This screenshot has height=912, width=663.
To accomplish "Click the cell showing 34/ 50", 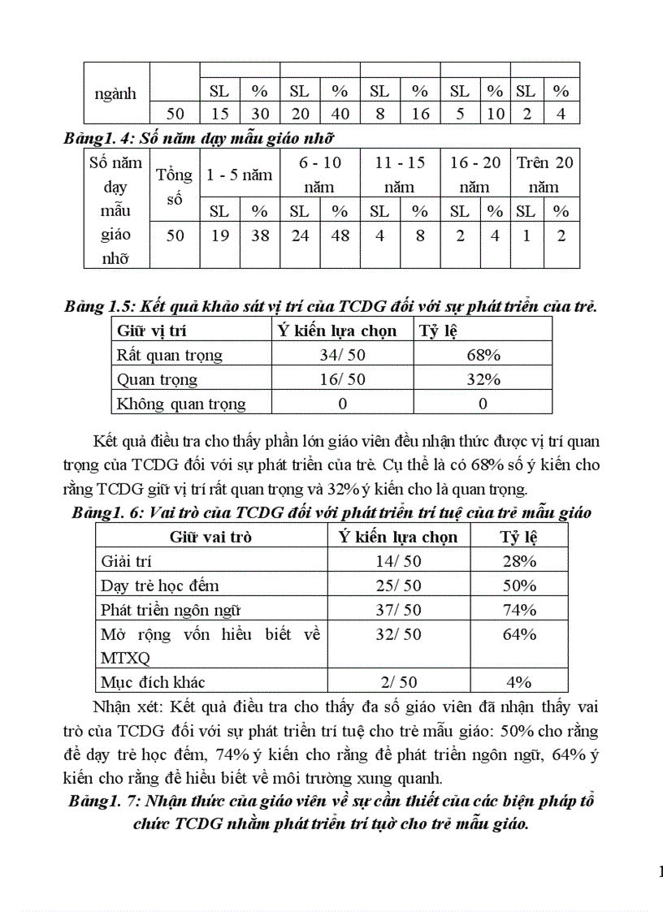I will [x=342, y=355].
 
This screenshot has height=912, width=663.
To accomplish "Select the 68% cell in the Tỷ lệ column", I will [x=483, y=355].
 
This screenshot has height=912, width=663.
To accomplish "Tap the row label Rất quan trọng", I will [x=170, y=355].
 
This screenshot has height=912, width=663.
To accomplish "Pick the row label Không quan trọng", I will [x=181, y=404].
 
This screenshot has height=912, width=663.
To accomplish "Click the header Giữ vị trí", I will [x=157, y=331].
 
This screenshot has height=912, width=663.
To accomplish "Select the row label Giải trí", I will [x=127, y=561].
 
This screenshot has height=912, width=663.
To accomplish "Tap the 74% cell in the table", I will [x=518, y=610].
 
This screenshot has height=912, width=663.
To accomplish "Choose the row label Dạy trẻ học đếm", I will [x=159, y=586].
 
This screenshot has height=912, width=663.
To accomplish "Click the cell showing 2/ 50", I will [x=397, y=681].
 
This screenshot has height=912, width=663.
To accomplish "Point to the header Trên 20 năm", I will [x=544, y=175].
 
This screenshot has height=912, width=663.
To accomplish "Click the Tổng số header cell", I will [x=175, y=186].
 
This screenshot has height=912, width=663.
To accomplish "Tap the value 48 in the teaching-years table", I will [x=340, y=236].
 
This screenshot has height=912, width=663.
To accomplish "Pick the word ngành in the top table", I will [x=115, y=93].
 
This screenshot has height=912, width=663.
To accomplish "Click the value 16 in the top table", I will [x=420, y=114].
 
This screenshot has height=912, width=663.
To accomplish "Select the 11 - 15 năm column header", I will [x=400, y=175].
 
